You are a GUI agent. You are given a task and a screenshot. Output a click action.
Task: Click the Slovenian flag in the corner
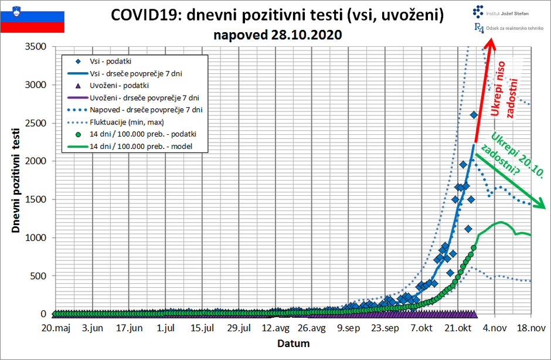click(32, 18)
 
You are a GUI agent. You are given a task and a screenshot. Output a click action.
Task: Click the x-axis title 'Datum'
click(293, 343)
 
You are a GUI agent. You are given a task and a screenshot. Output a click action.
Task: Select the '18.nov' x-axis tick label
click(531, 328)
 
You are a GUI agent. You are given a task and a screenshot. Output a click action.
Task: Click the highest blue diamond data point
click(474, 115)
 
